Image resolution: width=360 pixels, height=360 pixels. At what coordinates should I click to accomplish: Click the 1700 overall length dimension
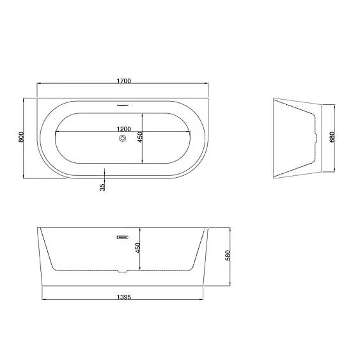(124, 81)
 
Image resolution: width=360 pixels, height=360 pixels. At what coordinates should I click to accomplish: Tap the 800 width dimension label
(21, 137)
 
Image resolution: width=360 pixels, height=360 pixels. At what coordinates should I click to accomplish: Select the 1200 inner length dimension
(124, 129)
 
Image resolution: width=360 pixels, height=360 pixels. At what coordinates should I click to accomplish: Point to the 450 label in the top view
(140, 137)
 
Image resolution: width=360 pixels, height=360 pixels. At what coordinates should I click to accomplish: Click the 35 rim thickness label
(102, 187)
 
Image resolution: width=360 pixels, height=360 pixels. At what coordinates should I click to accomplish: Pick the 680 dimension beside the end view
(333, 137)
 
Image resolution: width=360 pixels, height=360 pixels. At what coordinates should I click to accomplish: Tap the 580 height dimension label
(228, 255)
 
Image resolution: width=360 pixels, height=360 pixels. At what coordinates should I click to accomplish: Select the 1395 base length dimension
(124, 297)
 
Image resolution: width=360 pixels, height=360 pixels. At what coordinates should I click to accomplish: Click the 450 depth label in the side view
(137, 248)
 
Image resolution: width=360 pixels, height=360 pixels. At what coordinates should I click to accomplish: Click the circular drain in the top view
(123, 139)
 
